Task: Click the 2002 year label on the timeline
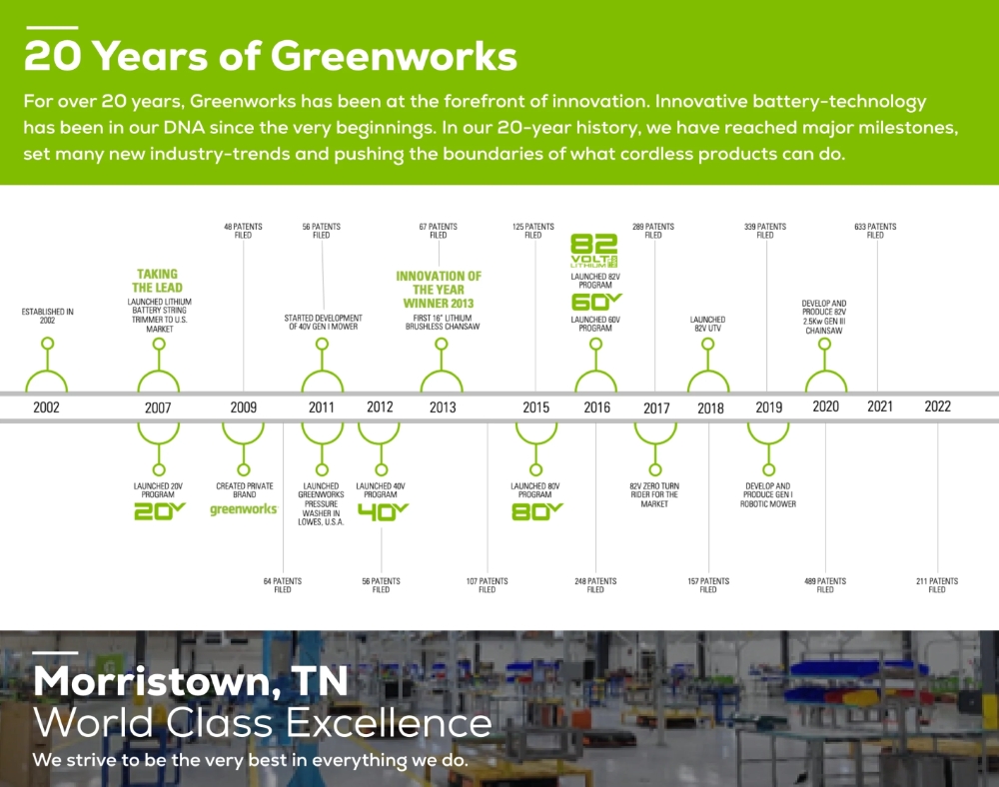(46, 407)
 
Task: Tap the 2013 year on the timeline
(443, 407)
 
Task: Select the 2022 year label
(937, 406)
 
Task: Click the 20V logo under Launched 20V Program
(159, 510)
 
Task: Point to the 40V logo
(383, 511)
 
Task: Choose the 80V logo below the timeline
(537, 511)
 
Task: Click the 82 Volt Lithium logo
(593, 251)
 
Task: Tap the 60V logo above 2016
(596, 302)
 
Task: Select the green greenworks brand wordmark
(244, 509)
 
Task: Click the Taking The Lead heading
(158, 281)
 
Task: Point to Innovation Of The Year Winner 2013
(439, 290)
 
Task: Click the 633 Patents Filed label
(875, 231)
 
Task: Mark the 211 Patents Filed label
(937, 585)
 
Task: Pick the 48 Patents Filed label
(243, 231)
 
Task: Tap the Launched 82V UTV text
(707, 324)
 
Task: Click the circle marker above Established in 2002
(47, 344)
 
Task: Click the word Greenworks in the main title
(394, 55)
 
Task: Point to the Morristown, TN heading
(191, 681)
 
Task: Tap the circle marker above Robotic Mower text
(768, 470)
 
